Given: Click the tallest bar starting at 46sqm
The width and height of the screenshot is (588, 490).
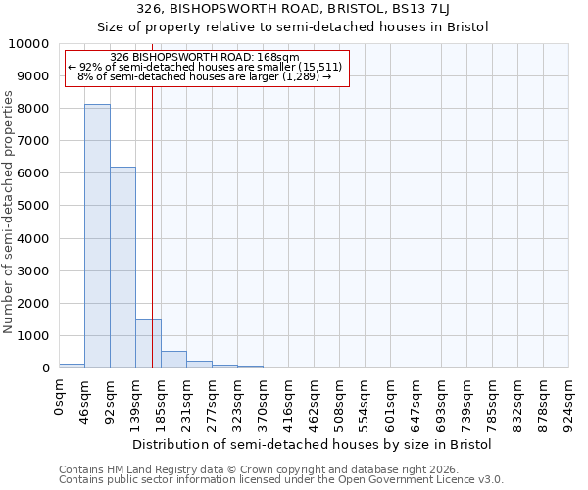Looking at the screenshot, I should point(97,235).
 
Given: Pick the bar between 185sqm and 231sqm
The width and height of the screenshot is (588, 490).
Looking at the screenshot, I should point(173,359).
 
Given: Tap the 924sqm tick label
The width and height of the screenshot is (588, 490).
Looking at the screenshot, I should point(569,402).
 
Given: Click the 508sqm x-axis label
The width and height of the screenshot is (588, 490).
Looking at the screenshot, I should point(340,402).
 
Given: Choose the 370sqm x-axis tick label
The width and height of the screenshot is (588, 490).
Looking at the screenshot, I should point(264,402).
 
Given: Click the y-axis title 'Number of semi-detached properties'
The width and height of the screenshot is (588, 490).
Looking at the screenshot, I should point(9,212).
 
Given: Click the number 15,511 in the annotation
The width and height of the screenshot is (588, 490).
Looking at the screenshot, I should point(319,67).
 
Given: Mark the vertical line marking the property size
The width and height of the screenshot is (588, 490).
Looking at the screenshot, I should point(152,225).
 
